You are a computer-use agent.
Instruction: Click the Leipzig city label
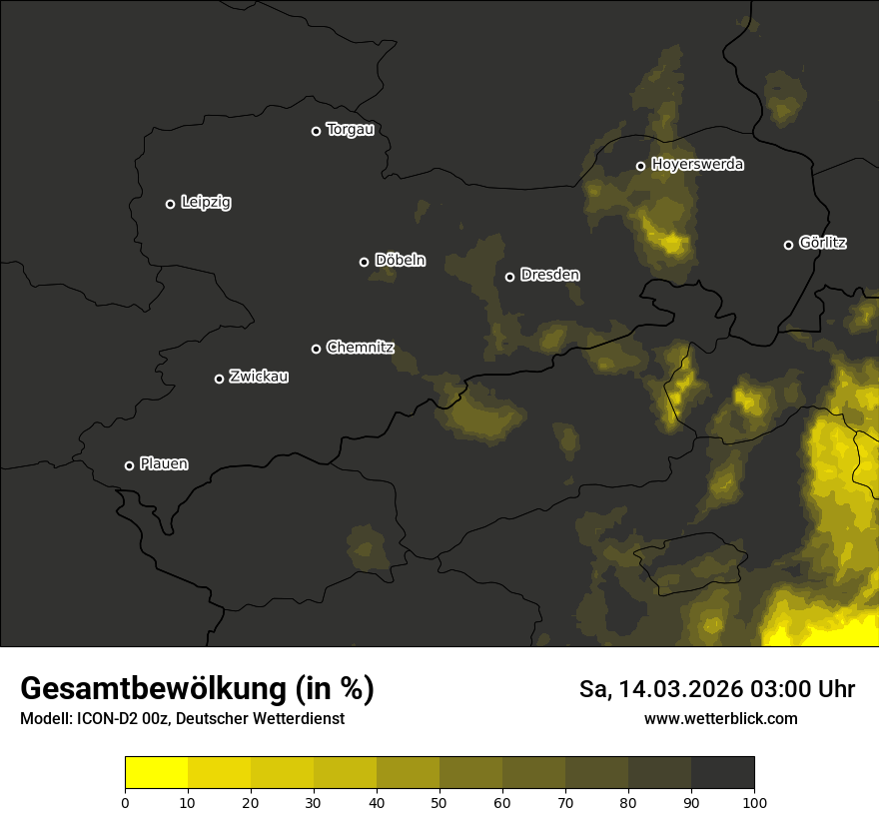pyautogui.click(x=206, y=203)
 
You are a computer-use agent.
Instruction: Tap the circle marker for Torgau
pyautogui.click(x=316, y=131)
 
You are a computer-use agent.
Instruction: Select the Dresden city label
pyautogui.click(x=549, y=275)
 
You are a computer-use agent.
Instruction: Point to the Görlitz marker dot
pyautogui.click(x=788, y=245)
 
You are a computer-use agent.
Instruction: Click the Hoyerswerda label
pyautogui.click(x=697, y=165)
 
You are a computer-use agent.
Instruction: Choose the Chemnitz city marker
pyautogui.click(x=316, y=349)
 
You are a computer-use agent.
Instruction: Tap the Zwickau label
pyautogui.click(x=259, y=377)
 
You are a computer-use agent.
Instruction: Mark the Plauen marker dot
pyautogui.click(x=129, y=465)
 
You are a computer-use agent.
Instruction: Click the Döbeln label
pyautogui.click(x=400, y=261)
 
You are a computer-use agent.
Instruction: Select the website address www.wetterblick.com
pyautogui.click(x=720, y=718)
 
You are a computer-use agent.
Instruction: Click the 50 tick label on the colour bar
pyautogui.click(x=439, y=802)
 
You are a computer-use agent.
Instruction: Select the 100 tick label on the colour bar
pyautogui.click(x=754, y=802)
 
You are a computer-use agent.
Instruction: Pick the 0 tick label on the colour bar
pyautogui.click(x=125, y=802)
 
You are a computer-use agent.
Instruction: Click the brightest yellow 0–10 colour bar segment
pyautogui.click(x=156, y=772)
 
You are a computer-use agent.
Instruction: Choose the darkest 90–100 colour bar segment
pyautogui.click(x=722, y=772)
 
